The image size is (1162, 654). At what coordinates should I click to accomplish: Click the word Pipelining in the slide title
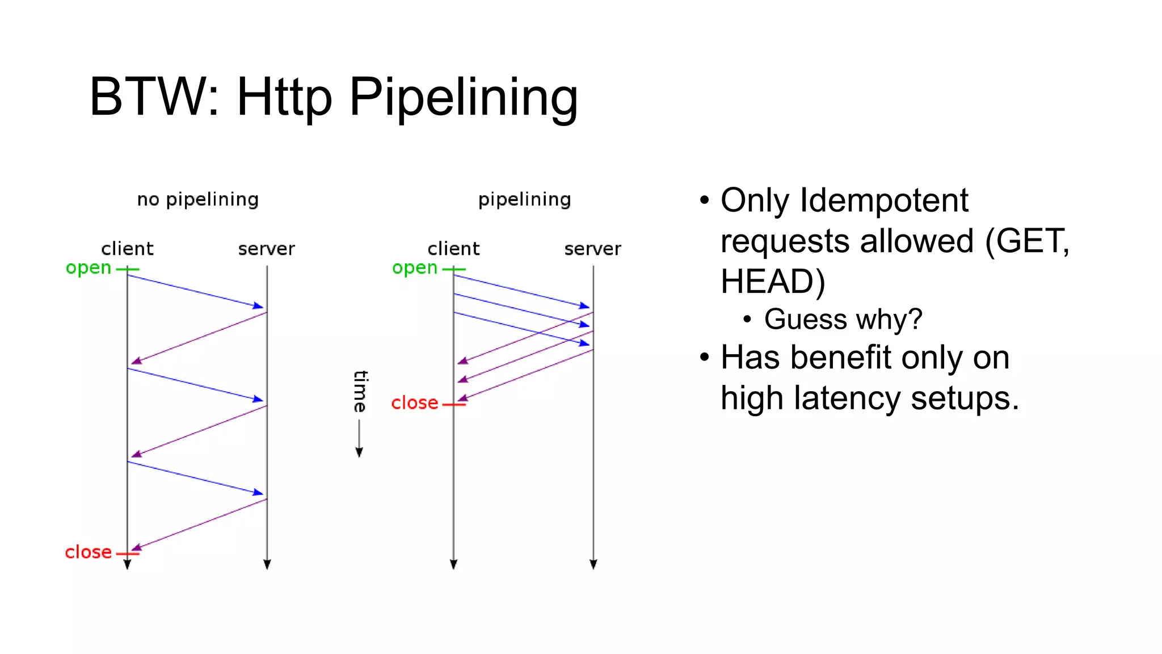[463, 98]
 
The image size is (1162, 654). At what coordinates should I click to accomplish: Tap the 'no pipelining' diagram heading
[197, 199]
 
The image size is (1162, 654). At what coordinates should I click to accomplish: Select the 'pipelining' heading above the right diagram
[524, 199]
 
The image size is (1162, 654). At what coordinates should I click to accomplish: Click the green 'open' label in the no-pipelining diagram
[89, 267]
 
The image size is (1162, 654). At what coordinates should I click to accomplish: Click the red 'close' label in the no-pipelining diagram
[89, 552]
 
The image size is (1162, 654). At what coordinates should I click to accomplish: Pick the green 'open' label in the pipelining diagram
[415, 267]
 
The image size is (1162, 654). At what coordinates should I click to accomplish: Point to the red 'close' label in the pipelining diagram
[415, 403]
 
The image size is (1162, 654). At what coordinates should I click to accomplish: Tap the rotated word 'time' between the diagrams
[360, 391]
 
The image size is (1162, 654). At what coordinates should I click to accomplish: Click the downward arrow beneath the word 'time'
[359, 451]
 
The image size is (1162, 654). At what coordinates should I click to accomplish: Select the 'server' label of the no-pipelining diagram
[267, 249]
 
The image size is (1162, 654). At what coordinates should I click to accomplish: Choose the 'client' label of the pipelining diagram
[453, 249]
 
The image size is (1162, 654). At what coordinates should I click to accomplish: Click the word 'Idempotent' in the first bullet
[883, 200]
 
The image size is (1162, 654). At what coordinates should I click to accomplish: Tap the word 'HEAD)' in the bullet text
[773, 282]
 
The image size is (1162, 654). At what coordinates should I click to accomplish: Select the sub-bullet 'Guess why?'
[843, 319]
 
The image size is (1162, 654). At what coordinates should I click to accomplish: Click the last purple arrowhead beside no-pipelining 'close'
[136, 548]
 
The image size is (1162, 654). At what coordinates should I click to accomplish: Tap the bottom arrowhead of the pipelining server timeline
[593, 564]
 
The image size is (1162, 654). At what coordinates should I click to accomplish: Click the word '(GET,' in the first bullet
[1027, 241]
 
